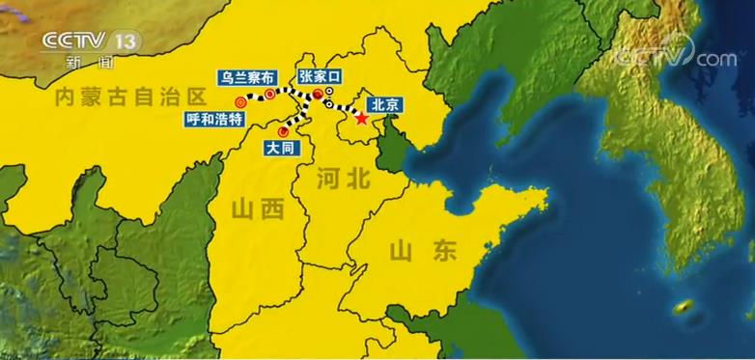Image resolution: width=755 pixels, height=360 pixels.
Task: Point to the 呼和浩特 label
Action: point(219,120)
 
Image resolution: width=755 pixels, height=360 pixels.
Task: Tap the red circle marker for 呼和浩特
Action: point(240,100)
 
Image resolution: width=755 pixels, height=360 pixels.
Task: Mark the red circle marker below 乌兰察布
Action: point(271,95)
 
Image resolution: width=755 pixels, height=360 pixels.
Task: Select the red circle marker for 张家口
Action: point(318,94)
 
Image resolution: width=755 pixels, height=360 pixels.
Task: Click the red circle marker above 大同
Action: point(283,130)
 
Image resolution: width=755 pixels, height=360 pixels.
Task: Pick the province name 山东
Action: point(422,252)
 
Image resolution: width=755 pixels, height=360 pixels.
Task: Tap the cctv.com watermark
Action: point(677,57)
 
